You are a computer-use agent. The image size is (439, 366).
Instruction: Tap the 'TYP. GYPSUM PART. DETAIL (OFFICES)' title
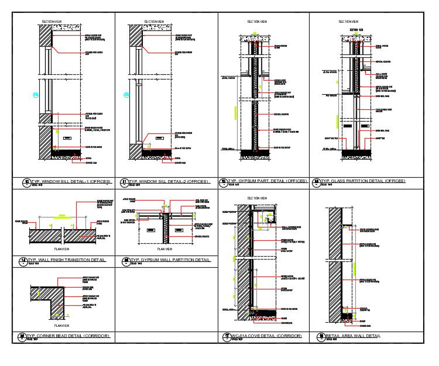[x=267, y=181]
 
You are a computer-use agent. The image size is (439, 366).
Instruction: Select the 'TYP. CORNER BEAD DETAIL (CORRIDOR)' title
[x=68, y=336]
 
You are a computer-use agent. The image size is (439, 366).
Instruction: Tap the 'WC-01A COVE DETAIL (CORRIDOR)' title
[x=266, y=336]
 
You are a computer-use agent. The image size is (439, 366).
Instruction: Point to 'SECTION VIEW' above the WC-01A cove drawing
[x=258, y=198]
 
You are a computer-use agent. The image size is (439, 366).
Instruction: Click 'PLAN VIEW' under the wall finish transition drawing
[x=61, y=248]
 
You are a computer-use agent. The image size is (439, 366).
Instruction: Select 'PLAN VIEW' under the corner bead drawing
[x=61, y=326]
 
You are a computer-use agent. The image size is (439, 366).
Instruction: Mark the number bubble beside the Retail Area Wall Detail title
[x=320, y=337]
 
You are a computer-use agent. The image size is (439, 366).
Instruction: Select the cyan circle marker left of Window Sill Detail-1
[x=36, y=95]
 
